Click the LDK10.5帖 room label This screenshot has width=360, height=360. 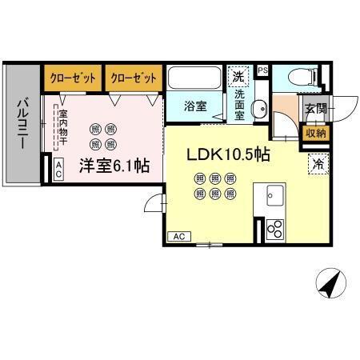pyautogui.click(x=227, y=154)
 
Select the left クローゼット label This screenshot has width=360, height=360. pyautogui.click(x=73, y=77)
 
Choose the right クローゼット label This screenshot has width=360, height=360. pyautogui.click(x=133, y=77)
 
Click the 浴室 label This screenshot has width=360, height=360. pyautogui.click(x=195, y=105)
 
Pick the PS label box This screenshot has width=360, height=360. pyautogui.click(x=262, y=70)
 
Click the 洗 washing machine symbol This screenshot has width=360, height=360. pyautogui.click(x=238, y=77)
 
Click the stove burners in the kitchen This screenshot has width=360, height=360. pyautogui.click(x=275, y=229)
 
